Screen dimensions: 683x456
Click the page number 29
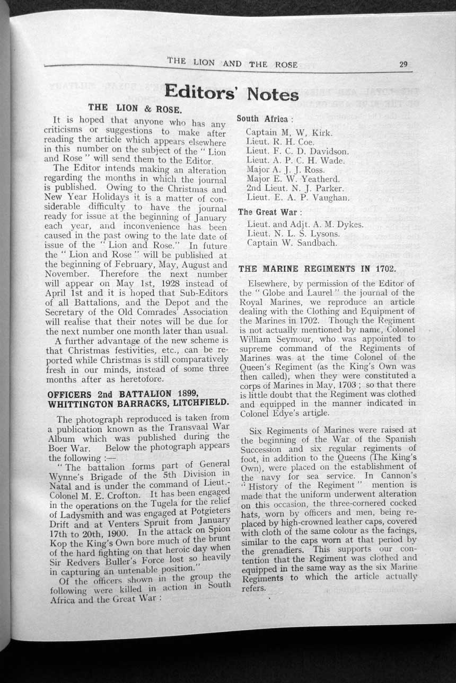point(403,65)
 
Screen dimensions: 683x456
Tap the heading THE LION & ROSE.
point(139,109)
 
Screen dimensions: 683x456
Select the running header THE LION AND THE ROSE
point(232,62)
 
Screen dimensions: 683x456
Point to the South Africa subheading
point(261,119)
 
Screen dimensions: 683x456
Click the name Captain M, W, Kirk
point(289,133)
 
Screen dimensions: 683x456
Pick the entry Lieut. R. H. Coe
point(280,142)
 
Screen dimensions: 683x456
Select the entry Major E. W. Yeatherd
point(293,179)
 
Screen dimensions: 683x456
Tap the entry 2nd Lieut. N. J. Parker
point(295,188)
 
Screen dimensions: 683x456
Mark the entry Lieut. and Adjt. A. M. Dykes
point(305,224)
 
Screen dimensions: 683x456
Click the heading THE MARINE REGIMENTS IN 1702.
point(317,268)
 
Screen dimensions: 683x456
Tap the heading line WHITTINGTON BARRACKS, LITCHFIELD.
point(138,403)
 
